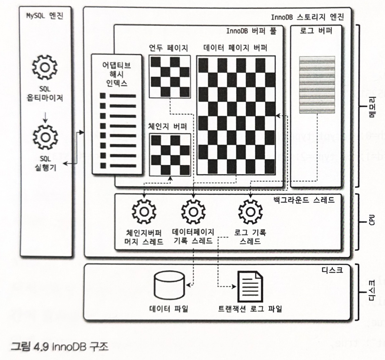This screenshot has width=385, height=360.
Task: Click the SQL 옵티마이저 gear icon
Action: pyautogui.click(x=45, y=67)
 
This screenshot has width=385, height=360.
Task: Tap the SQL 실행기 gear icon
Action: pyautogui.click(x=46, y=137)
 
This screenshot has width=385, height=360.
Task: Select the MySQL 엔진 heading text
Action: pyautogui.click(x=45, y=16)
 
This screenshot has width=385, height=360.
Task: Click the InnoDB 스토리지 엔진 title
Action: pyautogui.click(x=307, y=17)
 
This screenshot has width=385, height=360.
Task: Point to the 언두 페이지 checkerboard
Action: pyautogui.click(x=170, y=77)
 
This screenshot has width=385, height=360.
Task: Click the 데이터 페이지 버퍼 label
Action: pyautogui.click(x=235, y=48)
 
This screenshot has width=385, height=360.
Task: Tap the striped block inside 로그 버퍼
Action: pyautogui.click(x=317, y=85)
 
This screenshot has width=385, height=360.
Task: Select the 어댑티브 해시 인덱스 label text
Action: pyautogui.click(x=116, y=74)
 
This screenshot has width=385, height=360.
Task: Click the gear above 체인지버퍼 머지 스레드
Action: pyautogui.click(x=144, y=212)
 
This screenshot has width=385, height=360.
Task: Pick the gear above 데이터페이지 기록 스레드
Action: pyautogui.click(x=193, y=212)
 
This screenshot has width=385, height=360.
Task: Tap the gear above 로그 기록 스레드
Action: pyautogui.click(x=250, y=212)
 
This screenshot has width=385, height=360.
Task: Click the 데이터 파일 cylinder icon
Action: pyautogui.click(x=169, y=286)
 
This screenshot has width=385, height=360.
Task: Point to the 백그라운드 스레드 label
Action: pyautogui.click(x=304, y=200)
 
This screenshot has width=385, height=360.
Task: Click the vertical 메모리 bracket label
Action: pyautogui.click(x=372, y=107)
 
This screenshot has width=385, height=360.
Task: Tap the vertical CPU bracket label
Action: pyautogui.click(x=372, y=220)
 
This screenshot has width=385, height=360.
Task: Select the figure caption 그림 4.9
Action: pyautogui.click(x=59, y=347)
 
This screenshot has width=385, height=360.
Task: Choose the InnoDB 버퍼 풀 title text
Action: pyautogui.click(x=251, y=31)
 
